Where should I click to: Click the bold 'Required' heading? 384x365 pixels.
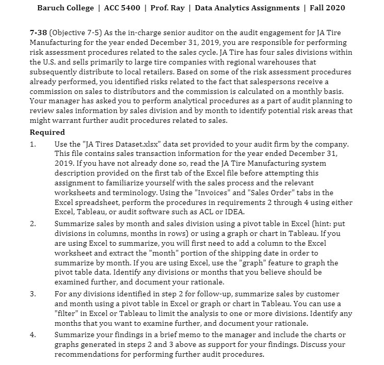47,133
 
